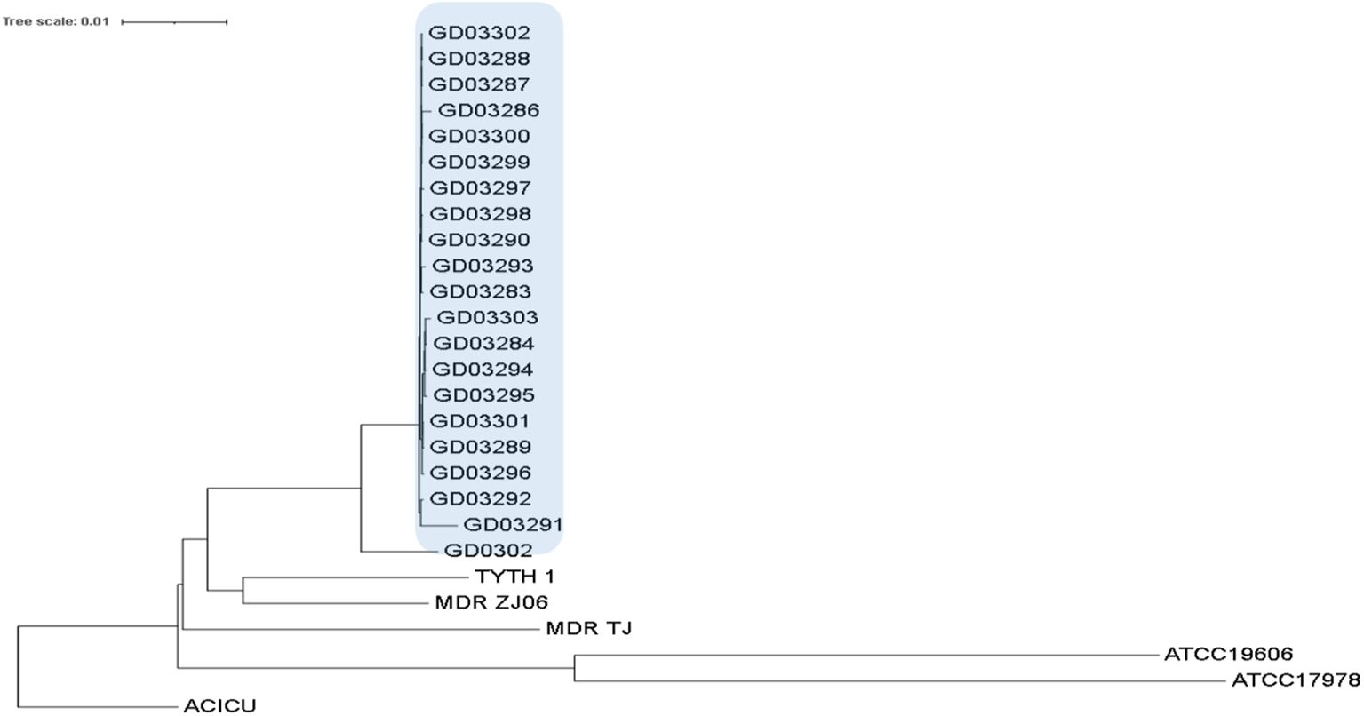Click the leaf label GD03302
(x=479, y=33)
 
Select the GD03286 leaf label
(x=489, y=110)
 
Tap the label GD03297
(x=480, y=188)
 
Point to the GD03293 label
(x=483, y=266)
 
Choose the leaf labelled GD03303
(x=488, y=317)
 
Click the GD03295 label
(x=484, y=394)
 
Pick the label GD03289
(x=480, y=447)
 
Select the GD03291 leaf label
(x=513, y=524)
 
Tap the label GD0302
(x=488, y=551)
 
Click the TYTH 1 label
(x=514, y=577)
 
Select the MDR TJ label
(x=588, y=629)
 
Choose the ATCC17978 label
(x=1296, y=681)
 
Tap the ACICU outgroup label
(x=219, y=707)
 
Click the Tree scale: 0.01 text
(x=55, y=20)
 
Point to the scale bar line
(x=174, y=20)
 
